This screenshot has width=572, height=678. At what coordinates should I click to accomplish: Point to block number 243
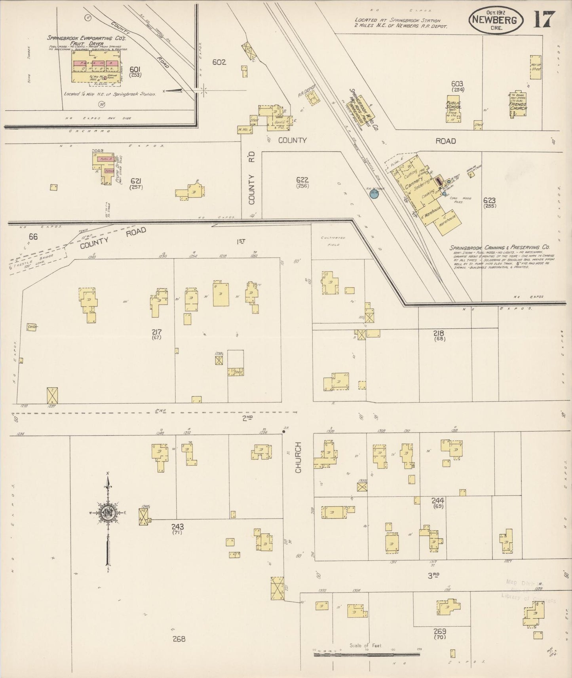(x=177, y=526)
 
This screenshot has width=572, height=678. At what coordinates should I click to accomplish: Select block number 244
(x=437, y=500)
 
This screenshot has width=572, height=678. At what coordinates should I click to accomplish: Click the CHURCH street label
(x=298, y=457)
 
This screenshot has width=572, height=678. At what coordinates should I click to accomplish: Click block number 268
(x=179, y=638)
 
